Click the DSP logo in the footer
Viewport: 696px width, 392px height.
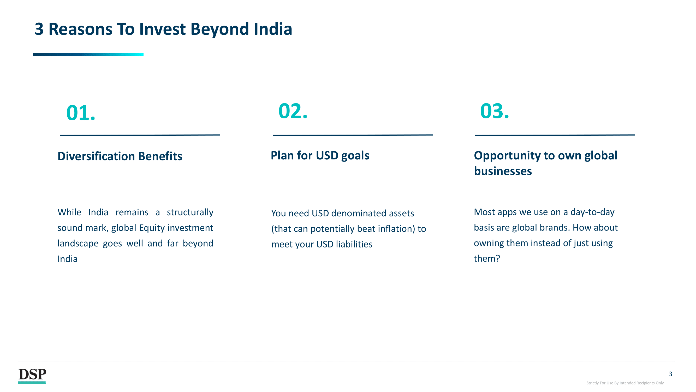click(x=32, y=376)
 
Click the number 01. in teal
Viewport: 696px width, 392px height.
click(x=81, y=113)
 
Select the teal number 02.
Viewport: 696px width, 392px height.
click(x=293, y=111)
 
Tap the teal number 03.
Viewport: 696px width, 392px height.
click(x=495, y=111)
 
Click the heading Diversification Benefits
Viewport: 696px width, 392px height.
click(x=120, y=156)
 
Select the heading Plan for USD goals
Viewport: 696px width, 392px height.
click(x=320, y=156)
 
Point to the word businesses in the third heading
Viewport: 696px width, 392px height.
click(x=503, y=171)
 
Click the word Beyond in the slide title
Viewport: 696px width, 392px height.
click(x=219, y=30)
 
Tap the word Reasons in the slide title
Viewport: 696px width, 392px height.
click(x=80, y=29)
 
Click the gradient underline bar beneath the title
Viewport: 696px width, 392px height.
click(x=88, y=54)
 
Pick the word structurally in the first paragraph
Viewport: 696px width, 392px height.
click(x=190, y=212)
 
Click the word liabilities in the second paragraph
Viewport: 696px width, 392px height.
click(x=354, y=244)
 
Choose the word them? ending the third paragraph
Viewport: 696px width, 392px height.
click(x=487, y=259)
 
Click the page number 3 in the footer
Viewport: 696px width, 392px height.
click(x=670, y=374)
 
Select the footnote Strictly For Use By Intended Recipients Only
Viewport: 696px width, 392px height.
click(x=625, y=383)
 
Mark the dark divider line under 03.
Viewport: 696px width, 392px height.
click(x=555, y=135)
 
